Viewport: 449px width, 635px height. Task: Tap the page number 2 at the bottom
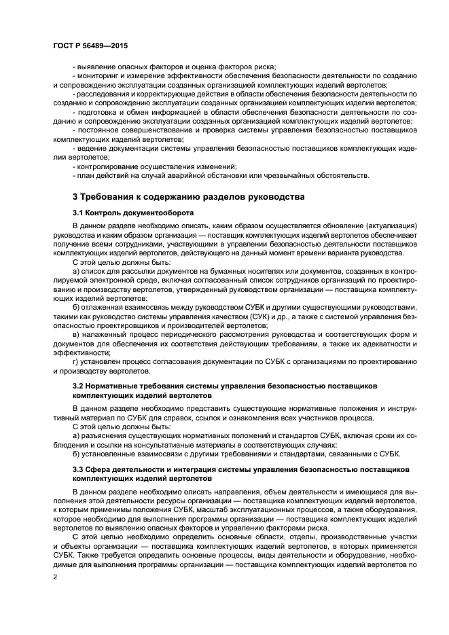point(56,577)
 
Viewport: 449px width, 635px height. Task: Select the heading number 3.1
point(79,213)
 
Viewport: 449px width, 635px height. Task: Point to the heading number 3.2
point(79,385)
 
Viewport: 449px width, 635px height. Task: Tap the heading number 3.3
point(79,469)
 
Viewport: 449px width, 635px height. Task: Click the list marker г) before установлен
point(75,361)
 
